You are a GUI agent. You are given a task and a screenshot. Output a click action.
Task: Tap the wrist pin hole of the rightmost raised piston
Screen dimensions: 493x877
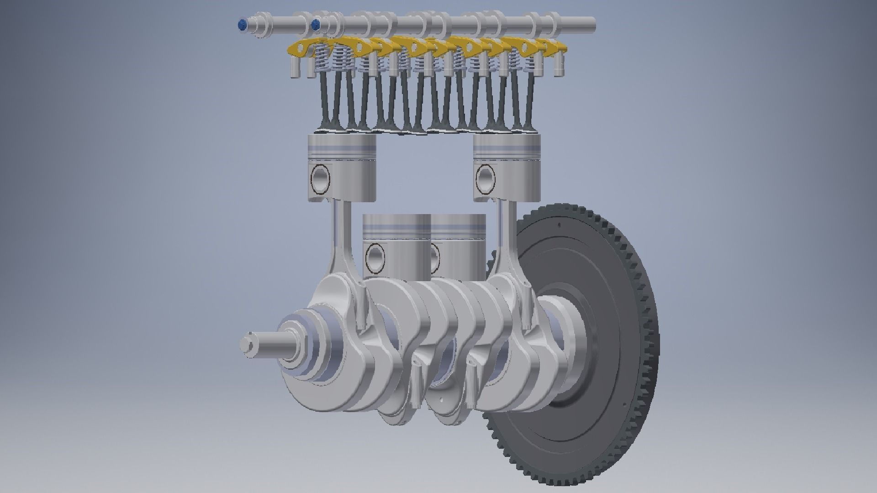pyautogui.click(x=486, y=178)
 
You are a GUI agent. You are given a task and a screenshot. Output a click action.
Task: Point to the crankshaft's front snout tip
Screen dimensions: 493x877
pyautogui.click(x=244, y=345)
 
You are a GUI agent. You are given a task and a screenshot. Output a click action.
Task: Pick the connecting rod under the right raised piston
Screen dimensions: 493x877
pyautogui.click(x=507, y=242)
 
